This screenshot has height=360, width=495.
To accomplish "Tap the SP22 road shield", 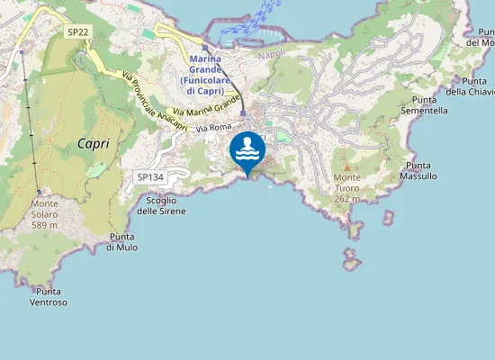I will (x=77, y=31).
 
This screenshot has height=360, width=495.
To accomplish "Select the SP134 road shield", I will (x=149, y=178).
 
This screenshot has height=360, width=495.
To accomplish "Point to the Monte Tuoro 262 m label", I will (x=347, y=188).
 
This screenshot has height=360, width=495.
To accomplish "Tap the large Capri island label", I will (x=94, y=143).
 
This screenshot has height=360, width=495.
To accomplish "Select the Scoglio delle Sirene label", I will (x=162, y=205).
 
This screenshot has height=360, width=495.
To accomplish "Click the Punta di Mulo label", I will (x=121, y=241).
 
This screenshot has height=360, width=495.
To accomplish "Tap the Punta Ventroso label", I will (x=49, y=297).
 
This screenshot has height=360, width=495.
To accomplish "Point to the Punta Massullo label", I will (x=421, y=171).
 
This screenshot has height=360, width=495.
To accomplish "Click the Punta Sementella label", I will (x=430, y=105).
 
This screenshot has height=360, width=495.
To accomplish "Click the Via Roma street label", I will (x=214, y=129).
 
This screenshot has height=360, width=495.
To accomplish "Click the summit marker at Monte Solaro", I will (x=40, y=192).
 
